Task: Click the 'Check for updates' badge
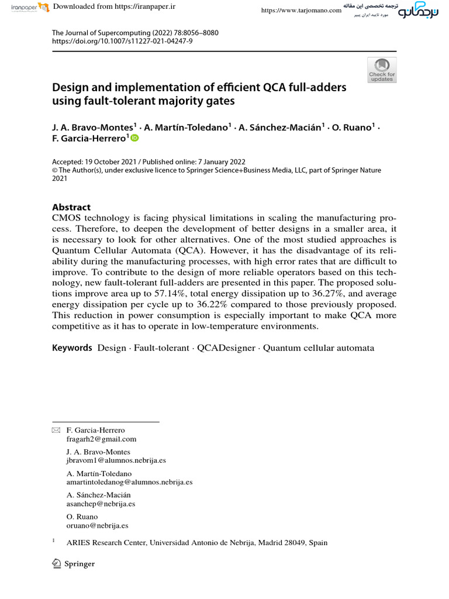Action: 382,70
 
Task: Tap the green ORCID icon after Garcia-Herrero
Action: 135,138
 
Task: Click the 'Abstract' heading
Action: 71,207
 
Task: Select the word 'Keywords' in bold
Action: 72,348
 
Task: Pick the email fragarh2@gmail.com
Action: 101,439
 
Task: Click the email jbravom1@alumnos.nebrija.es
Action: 116,460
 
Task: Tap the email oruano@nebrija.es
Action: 98,525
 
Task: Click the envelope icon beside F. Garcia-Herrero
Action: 56,431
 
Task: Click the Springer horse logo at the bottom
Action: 57,563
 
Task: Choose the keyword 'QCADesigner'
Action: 226,348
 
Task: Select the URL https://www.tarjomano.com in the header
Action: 301,11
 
